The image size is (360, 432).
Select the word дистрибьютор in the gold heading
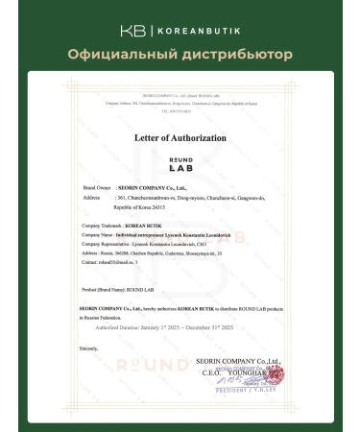point(243,54)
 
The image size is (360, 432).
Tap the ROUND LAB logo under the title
point(180,166)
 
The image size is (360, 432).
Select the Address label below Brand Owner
point(93,198)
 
